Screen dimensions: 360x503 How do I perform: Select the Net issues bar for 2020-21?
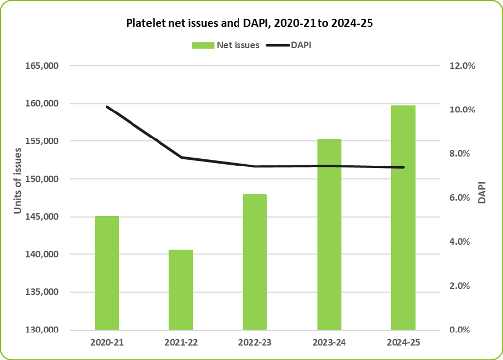coord(107,273)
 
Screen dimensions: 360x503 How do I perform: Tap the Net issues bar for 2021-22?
coord(181,290)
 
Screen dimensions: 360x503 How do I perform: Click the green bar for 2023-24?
coord(329,234)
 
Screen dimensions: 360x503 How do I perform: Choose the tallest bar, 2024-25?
coord(403,217)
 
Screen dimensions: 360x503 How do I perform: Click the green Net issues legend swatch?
coord(203,45)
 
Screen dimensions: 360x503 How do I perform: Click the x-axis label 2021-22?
coord(181,342)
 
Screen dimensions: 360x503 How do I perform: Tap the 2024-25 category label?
coord(403,342)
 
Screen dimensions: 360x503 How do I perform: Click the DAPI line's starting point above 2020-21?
coord(107,107)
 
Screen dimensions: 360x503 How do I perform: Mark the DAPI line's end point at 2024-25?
coord(403,167)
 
